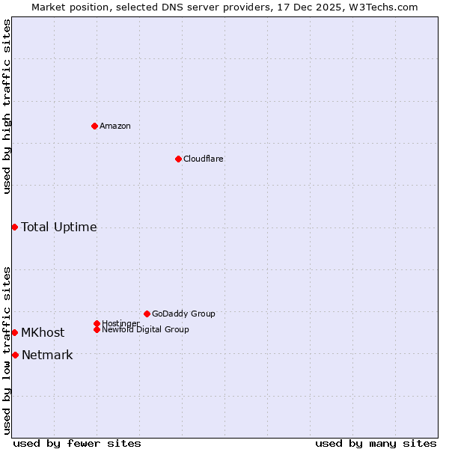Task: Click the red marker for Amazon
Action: pyautogui.click(x=94, y=126)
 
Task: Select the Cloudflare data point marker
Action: pyautogui.click(x=178, y=159)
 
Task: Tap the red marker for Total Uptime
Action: pyautogui.click(x=14, y=227)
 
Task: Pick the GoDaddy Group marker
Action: pyautogui.click(x=147, y=314)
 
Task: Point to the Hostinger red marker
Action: pyautogui.click(x=97, y=323)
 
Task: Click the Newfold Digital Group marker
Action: pyautogui.click(x=97, y=329)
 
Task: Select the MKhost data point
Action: pyautogui.click(x=14, y=332)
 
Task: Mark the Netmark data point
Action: pyautogui.click(x=15, y=355)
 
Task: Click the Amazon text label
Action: pyautogui.click(x=115, y=126)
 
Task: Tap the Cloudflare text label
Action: pyautogui.click(x=204, y=159)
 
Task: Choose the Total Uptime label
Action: pyautogui.click(x=59, y=227)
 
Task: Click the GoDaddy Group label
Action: pyautogui.click(x=183, y=314)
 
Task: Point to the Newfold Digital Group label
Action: pyautogui.click(x=145, y=329)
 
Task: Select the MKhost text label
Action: pyautogui.click(x=43, y=332)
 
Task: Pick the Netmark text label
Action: pyautogui.click(x=47, y=355)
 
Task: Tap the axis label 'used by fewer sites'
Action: pyautogui.click(x=77, y=443)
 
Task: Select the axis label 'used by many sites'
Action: pyautogui.click(x=376, y=443)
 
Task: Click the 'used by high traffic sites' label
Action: pyautogui.click(x=7, y=106)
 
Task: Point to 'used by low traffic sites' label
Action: pyautogui.click(x=7, y=349)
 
